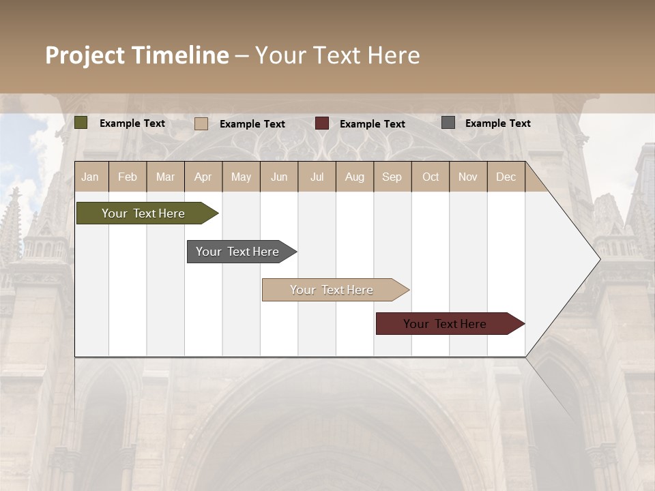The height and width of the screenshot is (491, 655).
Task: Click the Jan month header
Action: tap(90, 177)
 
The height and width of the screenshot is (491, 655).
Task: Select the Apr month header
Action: tap(203, 177)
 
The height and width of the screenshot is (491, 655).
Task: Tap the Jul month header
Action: tap(317, 177)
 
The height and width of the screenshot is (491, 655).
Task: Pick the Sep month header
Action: tap(392, 177)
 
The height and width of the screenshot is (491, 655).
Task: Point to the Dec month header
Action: tap(506, 177)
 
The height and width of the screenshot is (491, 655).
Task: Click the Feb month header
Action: tap(128, 177)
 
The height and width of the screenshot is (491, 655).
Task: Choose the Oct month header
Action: tap(431, 177)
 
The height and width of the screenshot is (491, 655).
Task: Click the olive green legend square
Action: tap(81, 123)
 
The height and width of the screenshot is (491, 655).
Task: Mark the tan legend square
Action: tap(201, 123)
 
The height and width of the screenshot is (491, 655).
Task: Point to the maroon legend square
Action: tap(322, 123)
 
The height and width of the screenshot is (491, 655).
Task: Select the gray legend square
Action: tap(448, 123)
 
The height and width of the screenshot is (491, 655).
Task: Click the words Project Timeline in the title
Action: tap(137, 55)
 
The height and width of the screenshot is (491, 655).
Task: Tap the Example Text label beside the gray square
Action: tap(497, 123)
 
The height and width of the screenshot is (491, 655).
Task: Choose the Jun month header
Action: tap(279, 177)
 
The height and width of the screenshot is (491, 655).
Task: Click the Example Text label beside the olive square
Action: tap(132, 123)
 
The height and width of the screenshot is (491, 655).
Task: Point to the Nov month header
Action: tap(468, 177)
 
